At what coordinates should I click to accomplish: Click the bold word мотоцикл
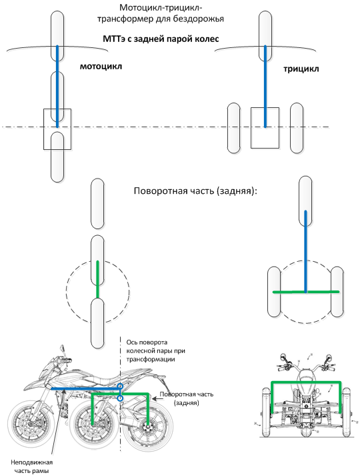101,66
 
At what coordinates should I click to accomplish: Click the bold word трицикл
301,69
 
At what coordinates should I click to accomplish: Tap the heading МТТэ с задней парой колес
161,39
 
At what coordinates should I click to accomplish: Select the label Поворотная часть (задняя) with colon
195,191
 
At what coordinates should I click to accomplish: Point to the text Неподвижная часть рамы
31,466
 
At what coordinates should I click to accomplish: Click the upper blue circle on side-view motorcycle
121,386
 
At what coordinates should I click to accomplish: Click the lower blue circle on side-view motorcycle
121,398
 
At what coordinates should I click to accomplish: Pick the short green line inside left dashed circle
97,279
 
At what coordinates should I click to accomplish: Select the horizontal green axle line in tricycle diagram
306,292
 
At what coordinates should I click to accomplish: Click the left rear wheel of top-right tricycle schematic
233,128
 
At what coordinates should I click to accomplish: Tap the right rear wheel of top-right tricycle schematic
297,128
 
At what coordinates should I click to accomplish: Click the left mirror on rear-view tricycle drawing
283,357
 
